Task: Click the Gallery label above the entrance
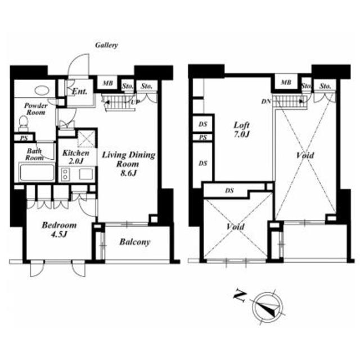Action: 106,45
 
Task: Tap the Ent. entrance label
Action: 80,92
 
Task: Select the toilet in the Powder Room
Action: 23,124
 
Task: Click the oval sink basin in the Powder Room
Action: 42,90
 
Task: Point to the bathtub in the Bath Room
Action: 37,172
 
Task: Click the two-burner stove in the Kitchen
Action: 65,174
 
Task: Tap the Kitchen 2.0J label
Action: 76,157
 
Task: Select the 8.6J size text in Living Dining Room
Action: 129,173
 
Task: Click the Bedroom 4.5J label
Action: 59,229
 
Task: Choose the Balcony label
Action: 135,242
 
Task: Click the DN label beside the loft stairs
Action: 266,101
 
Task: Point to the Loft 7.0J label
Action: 241,130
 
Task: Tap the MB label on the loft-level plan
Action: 286,82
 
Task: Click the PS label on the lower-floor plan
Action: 24,138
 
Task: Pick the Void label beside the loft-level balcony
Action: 235,227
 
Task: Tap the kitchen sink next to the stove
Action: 86,174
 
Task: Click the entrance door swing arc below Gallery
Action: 75,59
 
